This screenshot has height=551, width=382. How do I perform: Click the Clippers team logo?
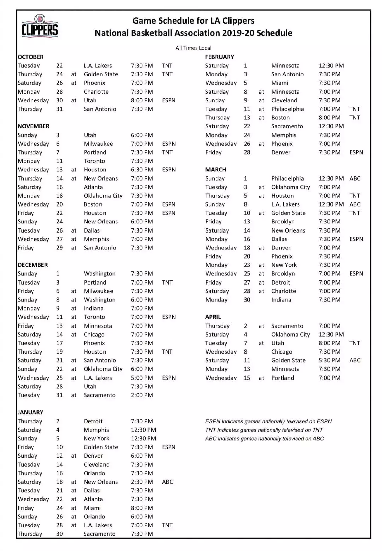pyautogui.click(x=40, y=26)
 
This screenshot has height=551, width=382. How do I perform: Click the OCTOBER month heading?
pyautogui.click(x=31, y=57)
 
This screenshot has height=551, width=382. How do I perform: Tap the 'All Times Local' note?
pyautogui.click(x=193, y=48)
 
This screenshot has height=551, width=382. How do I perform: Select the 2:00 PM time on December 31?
pyautogui.click(x=142, y=395)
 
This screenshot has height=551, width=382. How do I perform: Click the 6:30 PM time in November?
pyautogui.click(x=142, y=170)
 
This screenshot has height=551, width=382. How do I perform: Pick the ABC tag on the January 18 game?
pyautogui.click(x=167, y=482)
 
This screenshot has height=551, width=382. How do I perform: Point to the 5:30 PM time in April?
pyautogui.click(x=329, y=361)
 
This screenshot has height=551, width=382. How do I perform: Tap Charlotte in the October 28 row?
pyautogui.click(x=96, y=92)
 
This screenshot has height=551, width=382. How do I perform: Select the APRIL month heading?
pyautogui.click(x=213, y=317)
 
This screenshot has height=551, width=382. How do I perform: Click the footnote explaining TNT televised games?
pyautogui.click(x=264, y=430)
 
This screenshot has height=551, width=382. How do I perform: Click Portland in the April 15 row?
pyautogui.click(x=283, y=378)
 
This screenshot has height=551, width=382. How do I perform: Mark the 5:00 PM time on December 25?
pyautogui.click(x=142, y=378)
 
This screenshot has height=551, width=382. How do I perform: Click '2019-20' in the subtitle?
pyautogui.click(x=238, y=33)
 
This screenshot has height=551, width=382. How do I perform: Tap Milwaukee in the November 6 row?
pyautogui.click(x=98, y=144)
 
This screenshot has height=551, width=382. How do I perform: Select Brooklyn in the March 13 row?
pyautogui.click(x=283, y=222)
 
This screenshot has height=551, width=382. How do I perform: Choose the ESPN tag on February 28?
pyautogui.click(x=356, y=152)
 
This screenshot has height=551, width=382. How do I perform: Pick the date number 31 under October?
pyautogui.click(x=59, y=109)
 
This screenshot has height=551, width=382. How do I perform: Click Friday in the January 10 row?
pyautogui.click(x=26, y=447)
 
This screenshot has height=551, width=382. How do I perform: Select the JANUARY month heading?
pyautogui.click(x=30, y=412)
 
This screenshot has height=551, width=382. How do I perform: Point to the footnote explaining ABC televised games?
pyautogui.click(x=265, y=439)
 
